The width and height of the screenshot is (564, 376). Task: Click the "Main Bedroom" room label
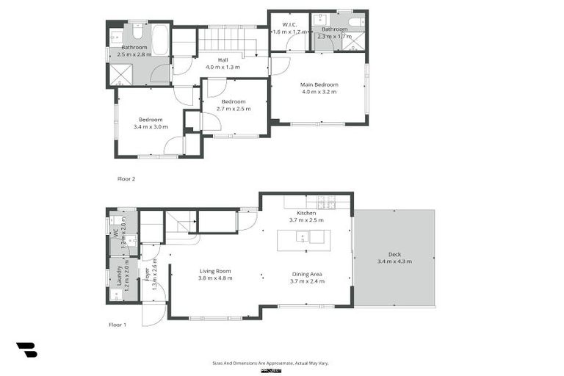pyautogui.click(x=318, y=84)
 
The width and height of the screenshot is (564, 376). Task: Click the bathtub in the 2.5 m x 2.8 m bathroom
pyautogui.click(x=160, y=41)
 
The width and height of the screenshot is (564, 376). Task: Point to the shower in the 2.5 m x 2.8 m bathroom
pyautogui.click(x=119, y=74)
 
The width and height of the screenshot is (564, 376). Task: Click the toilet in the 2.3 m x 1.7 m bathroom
pyautogui.click(x=355, y=23)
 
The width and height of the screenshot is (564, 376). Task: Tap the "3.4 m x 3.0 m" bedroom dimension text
pyautogui.click(x=151, y=127)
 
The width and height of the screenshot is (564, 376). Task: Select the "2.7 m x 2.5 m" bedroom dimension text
pyautogui.click(x=234, y=109)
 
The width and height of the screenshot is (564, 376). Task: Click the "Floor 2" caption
pyautogui.click(x=126, y=178)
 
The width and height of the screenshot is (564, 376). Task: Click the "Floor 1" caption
pyautogui.click(x=117, y=324)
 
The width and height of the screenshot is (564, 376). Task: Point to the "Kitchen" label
pyautogui.click(x=306, y=213)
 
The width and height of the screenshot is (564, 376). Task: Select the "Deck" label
pyautogui.click(x=394, y=255)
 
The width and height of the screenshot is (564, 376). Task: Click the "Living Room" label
pyautogui.click(x=215, y=271)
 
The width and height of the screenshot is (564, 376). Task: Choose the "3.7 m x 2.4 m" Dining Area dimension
pyautogui.click(x=306, y=281)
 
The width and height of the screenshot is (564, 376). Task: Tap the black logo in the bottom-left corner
pyautogui.click(x=26, y=350)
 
